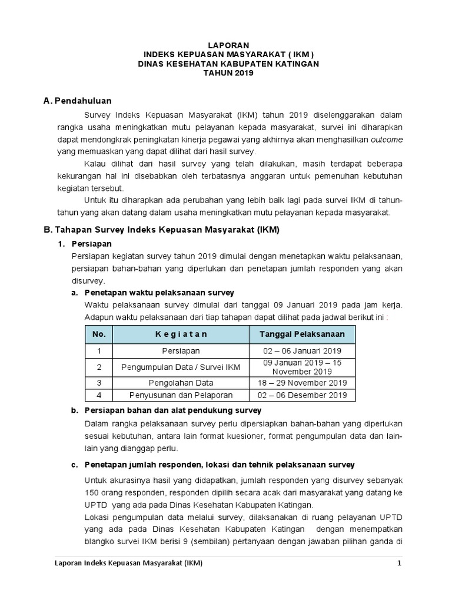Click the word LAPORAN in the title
pyautogui.click(x=230, y=45)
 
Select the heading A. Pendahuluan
pyautogui.click(x=78, y=101)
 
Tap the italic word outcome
pyautogui.click(x=387, y=140)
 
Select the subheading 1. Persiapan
pyautogui.click(x=91, y=243)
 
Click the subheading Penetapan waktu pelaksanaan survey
pyautogui.click(x=159, y=292)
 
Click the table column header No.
pyautogui.click(x=99, y=334)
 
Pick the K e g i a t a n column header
pyautogui.click(x=181, y=334)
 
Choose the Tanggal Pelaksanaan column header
pyautogui.click(x=302, y=334)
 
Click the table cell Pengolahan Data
pyautogui.click(x=181, y=382)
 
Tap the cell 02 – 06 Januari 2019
pyautogui.click(x=302, y=351)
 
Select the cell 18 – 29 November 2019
pyautogui.click(x=302, y=382)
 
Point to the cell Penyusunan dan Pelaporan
pyautogui.click(x=181, y=395)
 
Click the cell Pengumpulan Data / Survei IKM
pyautogui.click(x=181, y=367)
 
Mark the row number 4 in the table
pyautogui.click(x=99, y=395)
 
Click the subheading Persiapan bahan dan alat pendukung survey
pyautogui.click(x=173, y=410)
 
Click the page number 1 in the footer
pyautogui.click(x=399, y=564)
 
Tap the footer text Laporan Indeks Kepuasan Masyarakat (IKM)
pyautogui.click(x=128, y=564)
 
